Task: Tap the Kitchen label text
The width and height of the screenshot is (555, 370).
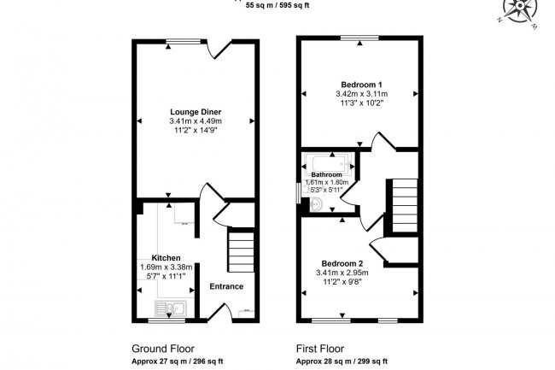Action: point(166,257)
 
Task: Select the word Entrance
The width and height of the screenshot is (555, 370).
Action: point(226,286)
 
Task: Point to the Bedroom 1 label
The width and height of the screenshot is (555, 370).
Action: point(361,85)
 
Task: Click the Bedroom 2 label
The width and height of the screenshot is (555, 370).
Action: point(342,262)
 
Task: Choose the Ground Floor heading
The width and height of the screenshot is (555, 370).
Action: point(162,349)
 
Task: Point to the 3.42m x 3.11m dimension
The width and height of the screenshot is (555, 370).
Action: point(361,94)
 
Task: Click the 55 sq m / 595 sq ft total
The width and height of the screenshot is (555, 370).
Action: point(277,5)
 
